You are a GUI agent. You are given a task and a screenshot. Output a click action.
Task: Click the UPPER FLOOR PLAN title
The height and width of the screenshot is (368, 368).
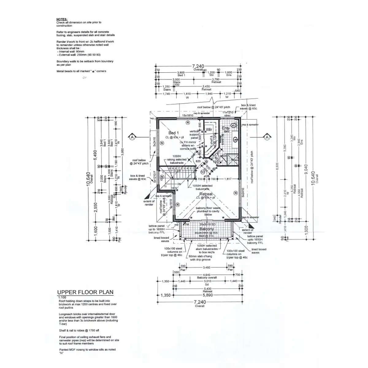(x=81, y=292)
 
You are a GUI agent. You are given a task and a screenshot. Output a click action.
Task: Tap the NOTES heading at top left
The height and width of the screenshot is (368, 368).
(x=62, y=19)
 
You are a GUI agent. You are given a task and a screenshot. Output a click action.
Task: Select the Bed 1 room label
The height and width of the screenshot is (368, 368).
(x=174, y=133)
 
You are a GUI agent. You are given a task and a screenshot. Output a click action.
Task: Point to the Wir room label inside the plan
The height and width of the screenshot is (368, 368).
(x=209, y=129)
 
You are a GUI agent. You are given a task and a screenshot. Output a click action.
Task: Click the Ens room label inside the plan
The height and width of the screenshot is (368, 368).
(x=225, y=128)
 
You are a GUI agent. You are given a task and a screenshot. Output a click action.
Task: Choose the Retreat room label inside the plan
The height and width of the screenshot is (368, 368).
(x=206, y=194)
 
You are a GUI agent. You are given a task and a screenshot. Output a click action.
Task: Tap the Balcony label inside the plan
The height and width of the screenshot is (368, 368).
(x=207, y=229)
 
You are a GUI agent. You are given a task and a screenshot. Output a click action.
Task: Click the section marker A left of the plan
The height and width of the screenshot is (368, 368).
(x=132, y=137)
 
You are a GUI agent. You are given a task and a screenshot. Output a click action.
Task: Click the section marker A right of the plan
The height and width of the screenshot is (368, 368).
(x=267, y=137)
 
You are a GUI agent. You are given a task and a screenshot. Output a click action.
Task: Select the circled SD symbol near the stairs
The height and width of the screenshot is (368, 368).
(x=203, y=172)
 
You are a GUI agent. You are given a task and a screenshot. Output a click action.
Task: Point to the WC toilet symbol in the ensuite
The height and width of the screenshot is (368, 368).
(x=234, y=125)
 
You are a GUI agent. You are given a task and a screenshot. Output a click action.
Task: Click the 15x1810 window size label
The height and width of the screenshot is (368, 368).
(x=187, y=115)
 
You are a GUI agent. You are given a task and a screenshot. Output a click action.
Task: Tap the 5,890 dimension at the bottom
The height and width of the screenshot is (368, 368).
(x=206, y=295)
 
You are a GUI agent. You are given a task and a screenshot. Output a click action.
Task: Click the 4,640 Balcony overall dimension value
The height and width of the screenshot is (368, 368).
(x=206, y=275)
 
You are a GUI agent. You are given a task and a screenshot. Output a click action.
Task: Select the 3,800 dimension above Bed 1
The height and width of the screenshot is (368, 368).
(x=181, y=72)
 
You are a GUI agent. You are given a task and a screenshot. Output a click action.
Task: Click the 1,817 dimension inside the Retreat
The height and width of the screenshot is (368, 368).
(x=228, y=179)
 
